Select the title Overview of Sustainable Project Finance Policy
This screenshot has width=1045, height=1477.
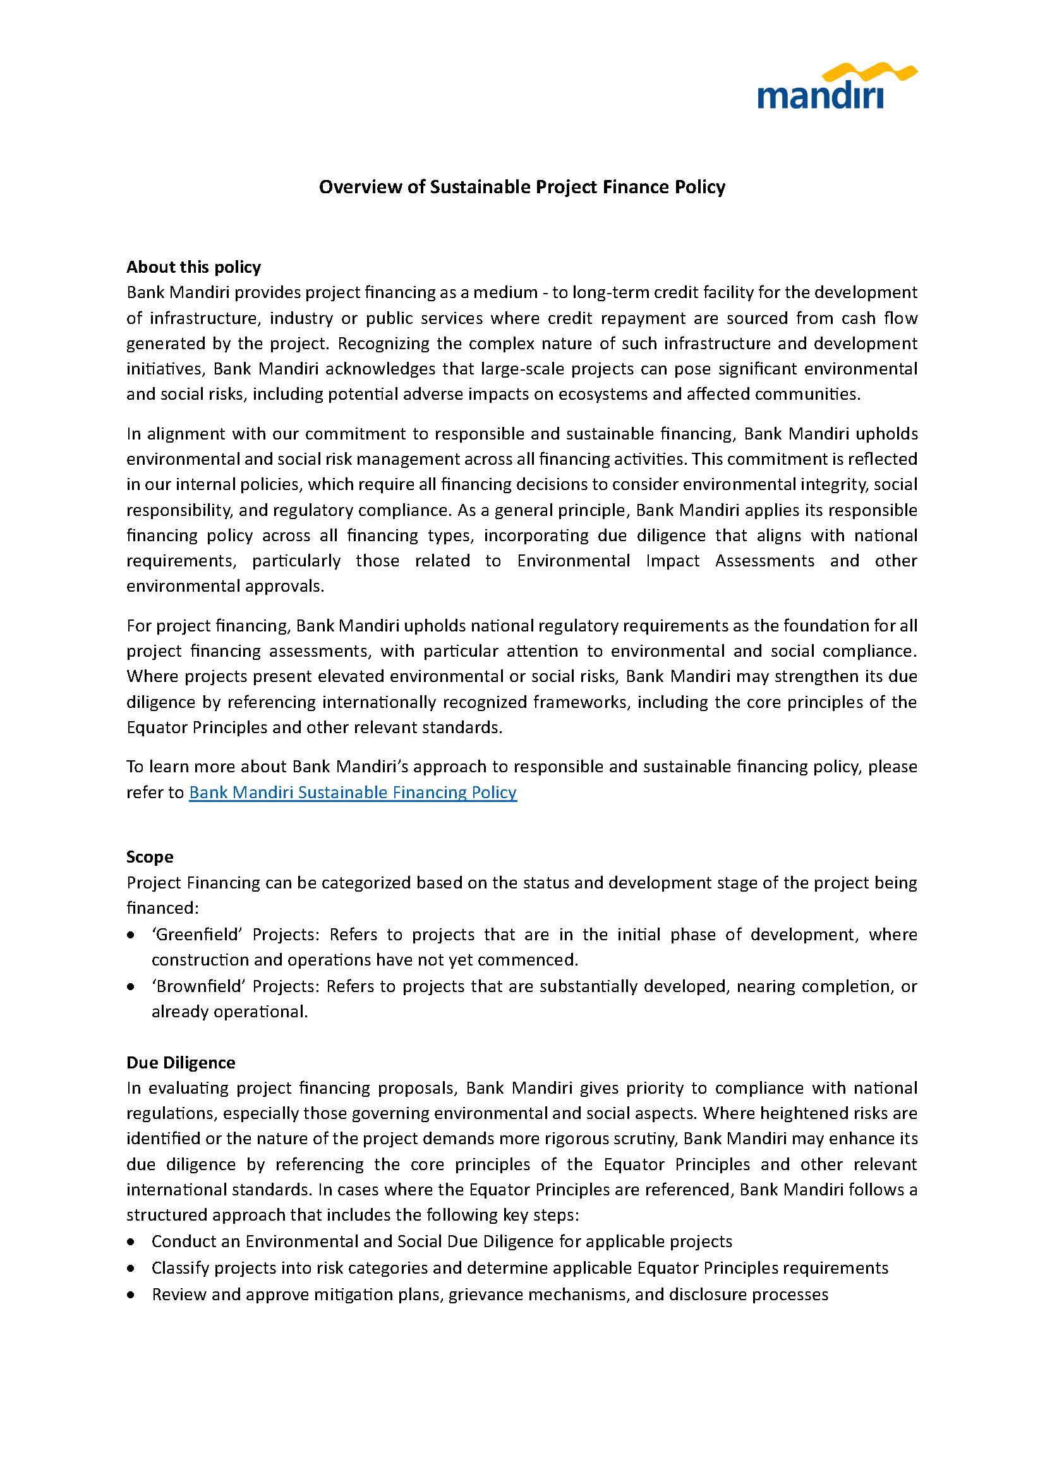point(522,187)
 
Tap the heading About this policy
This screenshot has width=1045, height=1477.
point(194,267)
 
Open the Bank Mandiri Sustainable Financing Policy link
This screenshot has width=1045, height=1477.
point(353,792)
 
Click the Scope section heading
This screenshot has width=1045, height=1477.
point(150,857)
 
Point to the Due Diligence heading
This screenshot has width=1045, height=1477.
point(181,1062)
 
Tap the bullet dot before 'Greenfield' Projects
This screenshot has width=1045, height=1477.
point(132,935)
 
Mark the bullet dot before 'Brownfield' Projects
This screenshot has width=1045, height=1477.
point(132,986)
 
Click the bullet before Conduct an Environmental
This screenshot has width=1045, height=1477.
point(132,1241)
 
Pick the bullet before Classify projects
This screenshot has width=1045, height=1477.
point(132,1268)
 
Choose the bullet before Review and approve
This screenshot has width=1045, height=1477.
point(132,1295)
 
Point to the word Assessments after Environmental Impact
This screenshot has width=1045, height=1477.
point(764,561)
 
